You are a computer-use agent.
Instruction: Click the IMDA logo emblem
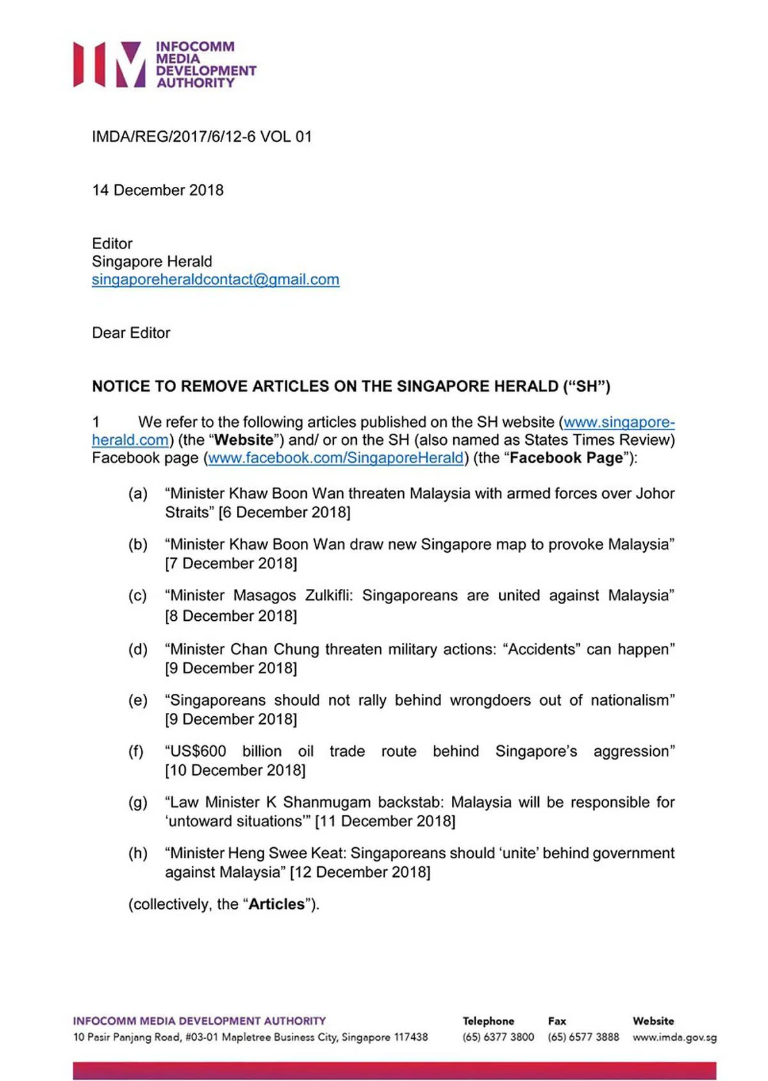(109, 64)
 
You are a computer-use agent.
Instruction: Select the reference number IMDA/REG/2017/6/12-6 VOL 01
(202, 136)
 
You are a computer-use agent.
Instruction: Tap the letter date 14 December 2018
(157, 190)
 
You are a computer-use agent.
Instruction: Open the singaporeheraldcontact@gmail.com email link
(215, 279)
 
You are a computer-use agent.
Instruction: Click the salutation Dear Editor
(131, 333)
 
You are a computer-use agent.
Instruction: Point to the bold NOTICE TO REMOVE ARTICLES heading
(351, 386)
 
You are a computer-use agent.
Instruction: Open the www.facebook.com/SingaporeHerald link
(335, 458)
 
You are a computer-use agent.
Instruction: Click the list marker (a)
(138, 493)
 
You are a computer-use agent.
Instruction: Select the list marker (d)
(138, 649)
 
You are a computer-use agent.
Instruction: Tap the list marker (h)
(138, 853)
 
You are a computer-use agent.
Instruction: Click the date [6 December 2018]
(285, 512)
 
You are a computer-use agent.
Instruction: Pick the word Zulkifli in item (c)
(328, 595)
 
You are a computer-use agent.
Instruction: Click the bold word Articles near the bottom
(276, 904)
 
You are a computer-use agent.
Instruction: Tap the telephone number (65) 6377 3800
(498, 1037)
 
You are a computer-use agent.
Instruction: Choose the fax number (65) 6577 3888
(583, 1037)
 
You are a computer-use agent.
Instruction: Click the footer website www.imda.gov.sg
(675, 1037)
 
